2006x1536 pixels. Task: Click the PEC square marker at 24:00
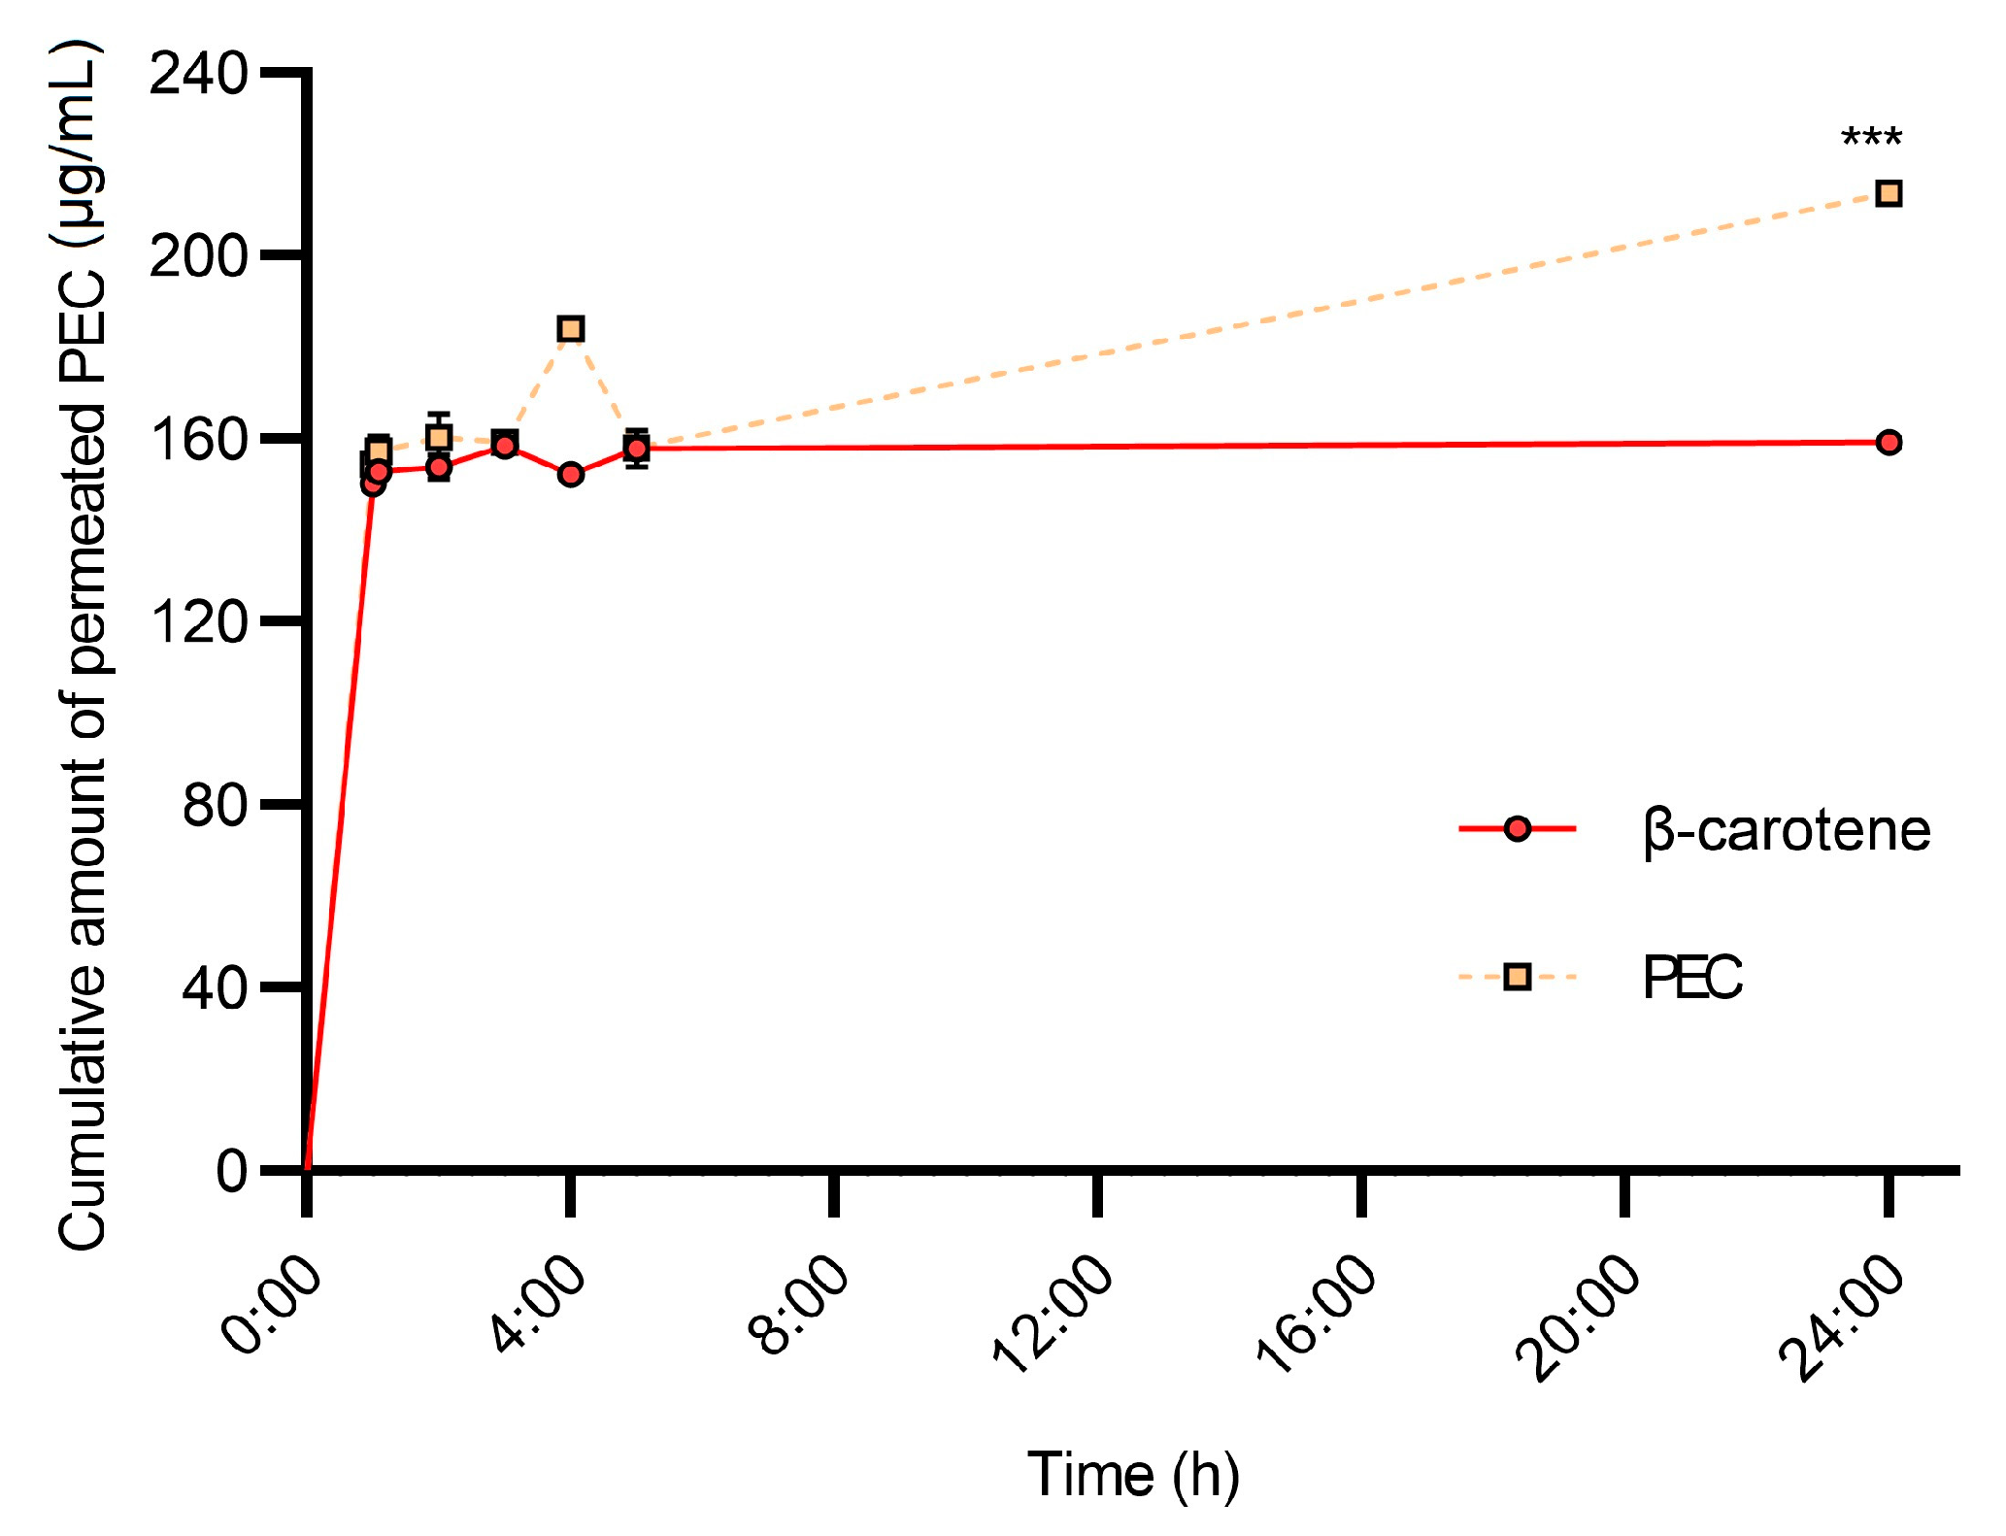[x=1888, y=194]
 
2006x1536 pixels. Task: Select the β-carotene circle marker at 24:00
[x=1888, y=443]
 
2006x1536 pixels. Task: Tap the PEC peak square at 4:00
[x=570, y=329]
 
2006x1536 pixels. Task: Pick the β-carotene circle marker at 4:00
[x=570, y=475]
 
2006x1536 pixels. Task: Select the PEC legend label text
[x=1692, y=978]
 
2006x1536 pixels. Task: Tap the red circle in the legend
[x=1517, y=829]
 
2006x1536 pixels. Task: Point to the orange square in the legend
[x=1517, y=977]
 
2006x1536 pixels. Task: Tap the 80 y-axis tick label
[x=215, y=805]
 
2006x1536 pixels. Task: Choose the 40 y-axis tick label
[x=215, y=988]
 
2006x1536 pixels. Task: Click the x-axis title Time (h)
[x=1133, y=1475]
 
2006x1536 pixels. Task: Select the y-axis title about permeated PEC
[x=82, y=646]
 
